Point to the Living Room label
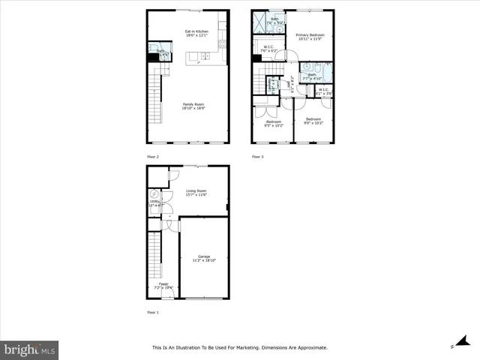pos(196,193)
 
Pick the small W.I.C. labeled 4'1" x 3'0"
pos(323,91)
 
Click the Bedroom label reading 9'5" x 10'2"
pos(273,123)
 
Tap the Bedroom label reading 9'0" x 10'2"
pos(313,121)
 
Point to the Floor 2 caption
pos(153,156)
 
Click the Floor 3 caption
pos(258,156)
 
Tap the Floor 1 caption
pos(153,311)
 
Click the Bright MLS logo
pos(30,349)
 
